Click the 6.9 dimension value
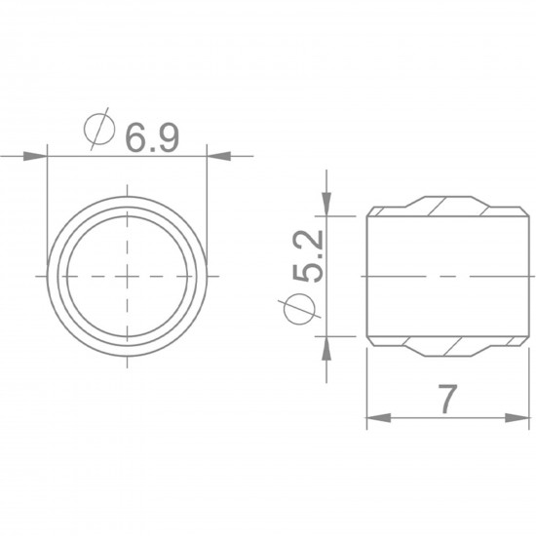(152, 137)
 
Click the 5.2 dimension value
(308, 256)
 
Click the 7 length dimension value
(448, 399)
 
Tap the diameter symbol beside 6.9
(98, 129)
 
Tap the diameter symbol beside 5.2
(299, 309)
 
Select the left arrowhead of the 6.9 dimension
(35, 156)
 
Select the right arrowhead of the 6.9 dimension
(219, 156)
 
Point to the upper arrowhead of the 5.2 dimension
(326, 204)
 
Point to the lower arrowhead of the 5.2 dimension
(326, 348)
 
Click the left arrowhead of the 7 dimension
(379, 417)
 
